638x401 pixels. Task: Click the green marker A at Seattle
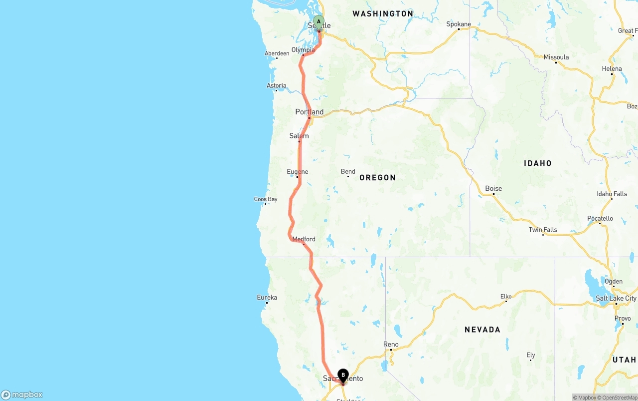(319, 22)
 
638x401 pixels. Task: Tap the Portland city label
(309, 112)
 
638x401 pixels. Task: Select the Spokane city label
(459, 24)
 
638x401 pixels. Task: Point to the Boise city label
(493, 188)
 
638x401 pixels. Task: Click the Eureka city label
(267, 298)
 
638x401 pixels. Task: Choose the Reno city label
(391, 344)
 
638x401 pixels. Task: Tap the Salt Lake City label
(616, 298)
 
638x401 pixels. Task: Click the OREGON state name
(377, 178)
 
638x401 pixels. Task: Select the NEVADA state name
(482, 330)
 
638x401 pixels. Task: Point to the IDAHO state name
(537, 163)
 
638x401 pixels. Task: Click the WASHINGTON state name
(383, 14)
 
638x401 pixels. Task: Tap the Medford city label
(304, 239)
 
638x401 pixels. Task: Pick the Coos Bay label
(266, 199)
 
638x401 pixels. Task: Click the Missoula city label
(556, 57)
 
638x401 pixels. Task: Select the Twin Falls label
(543, 230)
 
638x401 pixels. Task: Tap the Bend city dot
(348, 177)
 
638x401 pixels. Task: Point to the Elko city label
(506, 297)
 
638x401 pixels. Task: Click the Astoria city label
(277, 85)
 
